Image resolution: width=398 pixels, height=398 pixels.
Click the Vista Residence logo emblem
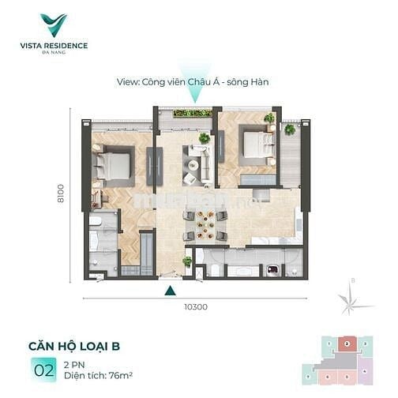[54, 24]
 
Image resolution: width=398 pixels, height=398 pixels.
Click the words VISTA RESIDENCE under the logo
[54, 45]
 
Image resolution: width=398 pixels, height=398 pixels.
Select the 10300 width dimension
[195, 307]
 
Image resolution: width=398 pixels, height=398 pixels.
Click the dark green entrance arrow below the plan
[170, 291]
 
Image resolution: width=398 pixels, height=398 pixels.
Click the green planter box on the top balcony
[192, 114]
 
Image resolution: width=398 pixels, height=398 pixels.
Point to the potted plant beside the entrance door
[187, 261]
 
